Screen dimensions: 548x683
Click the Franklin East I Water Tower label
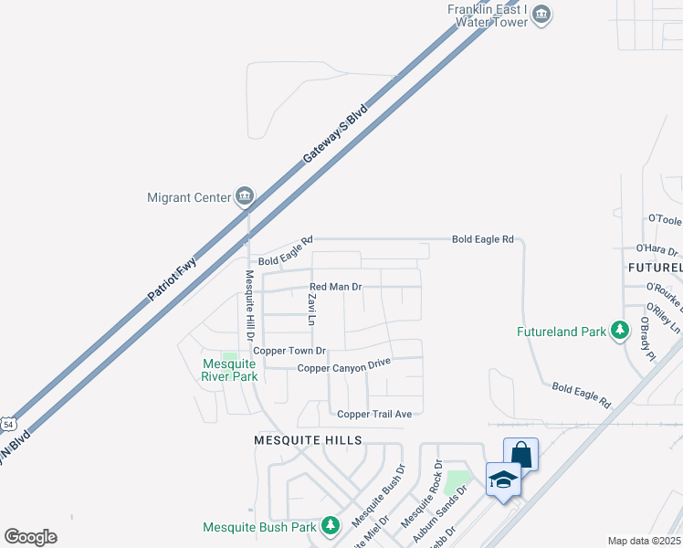tap(488, 16)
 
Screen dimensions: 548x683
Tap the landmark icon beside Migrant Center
tap(245, 196)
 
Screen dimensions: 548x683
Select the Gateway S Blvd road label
tap(335, 133)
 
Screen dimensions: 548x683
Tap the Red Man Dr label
tap(335, 287)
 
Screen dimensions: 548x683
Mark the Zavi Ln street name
tap(311, 310)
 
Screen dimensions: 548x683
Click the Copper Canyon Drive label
tap(344, 365)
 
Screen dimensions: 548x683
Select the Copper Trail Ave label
tap(374, 414)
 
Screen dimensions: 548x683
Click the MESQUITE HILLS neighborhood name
tap(308, 440)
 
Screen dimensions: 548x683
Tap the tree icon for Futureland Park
tap(621, 330)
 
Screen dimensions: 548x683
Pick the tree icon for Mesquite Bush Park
tap(331, 526)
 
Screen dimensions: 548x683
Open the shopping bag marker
tap(520, 454)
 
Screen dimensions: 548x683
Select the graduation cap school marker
tap(503, 479)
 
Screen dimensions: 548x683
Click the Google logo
tap(30, 537)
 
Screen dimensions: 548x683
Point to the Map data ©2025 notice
tap(645, 541)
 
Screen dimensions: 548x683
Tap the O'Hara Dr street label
tap(657, 249)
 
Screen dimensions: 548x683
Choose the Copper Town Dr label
tap(289, 351)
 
